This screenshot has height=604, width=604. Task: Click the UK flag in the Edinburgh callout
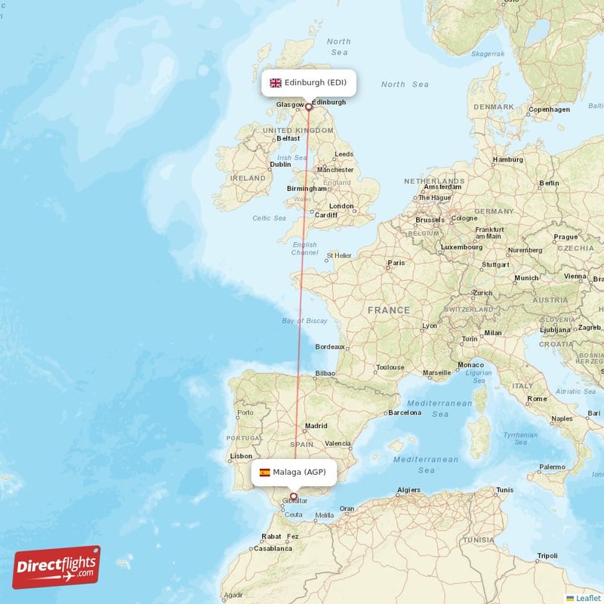276,82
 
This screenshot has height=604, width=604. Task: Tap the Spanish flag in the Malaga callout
265,473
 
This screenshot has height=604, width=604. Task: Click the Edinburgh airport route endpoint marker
308,107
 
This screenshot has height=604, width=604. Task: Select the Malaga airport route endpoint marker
294,496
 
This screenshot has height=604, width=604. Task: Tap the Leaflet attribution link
587,598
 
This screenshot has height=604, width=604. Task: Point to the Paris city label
396,263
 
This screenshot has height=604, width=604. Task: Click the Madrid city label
316,426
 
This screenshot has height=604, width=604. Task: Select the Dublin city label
280,164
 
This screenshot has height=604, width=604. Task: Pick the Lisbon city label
241,456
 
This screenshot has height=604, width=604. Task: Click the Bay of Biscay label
304,321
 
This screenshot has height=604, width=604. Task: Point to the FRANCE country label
389,310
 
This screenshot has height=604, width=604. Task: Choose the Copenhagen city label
549,109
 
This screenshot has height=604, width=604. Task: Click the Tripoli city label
547,556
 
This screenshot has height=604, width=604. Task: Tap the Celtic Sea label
270,218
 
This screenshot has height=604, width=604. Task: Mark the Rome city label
537,399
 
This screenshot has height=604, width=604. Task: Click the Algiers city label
408,491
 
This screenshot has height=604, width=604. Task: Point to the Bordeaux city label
329,347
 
